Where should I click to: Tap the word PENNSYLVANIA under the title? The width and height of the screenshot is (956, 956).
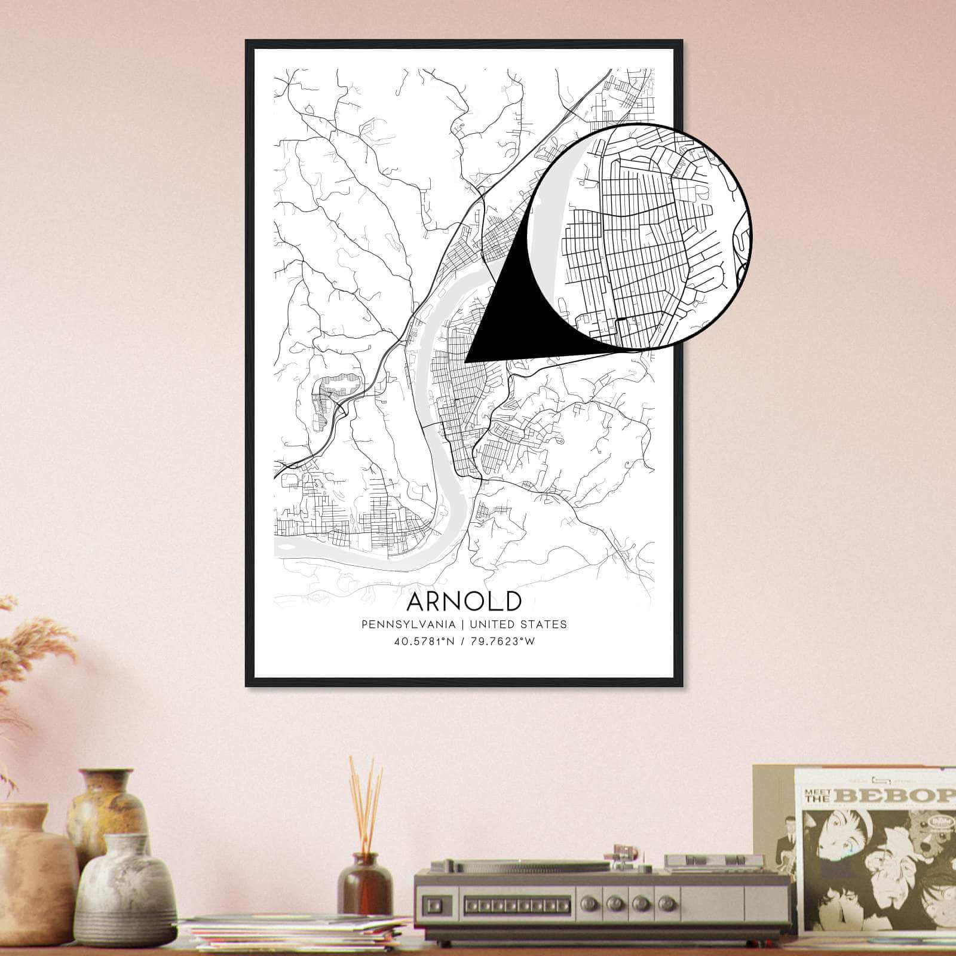click(x=408, y=624)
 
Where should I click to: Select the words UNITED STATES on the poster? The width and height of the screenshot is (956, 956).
click(x=518, y=624)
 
